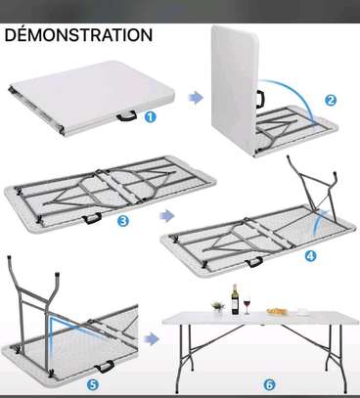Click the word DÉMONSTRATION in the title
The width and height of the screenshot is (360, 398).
tap(78, 35)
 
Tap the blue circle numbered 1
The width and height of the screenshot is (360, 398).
tap(151, 115)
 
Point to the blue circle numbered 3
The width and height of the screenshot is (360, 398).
tap(121, 221)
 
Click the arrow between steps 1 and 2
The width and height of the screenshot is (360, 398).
tap(195, 96)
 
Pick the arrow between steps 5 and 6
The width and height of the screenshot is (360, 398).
tap(151, 339)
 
